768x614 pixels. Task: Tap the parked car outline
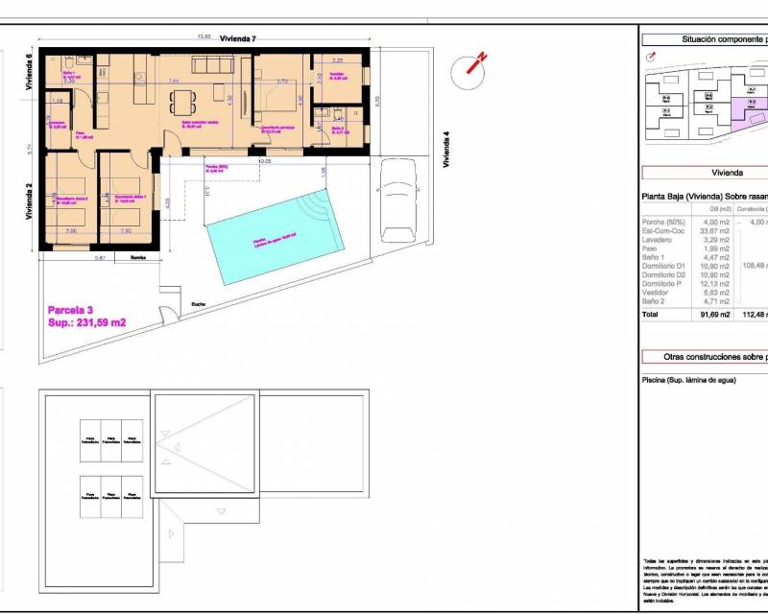click(396, 202)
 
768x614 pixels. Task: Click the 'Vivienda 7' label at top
click(238, 38)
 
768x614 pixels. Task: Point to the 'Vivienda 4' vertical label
click(445, 150)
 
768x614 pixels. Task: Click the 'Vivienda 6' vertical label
click(30, 71)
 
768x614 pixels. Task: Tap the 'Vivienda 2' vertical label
click(30, 201)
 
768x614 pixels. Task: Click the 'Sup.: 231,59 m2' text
click(87, 322)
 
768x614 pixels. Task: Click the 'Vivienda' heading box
click(727, 173)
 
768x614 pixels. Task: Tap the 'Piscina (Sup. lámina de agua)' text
click(688, 381)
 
